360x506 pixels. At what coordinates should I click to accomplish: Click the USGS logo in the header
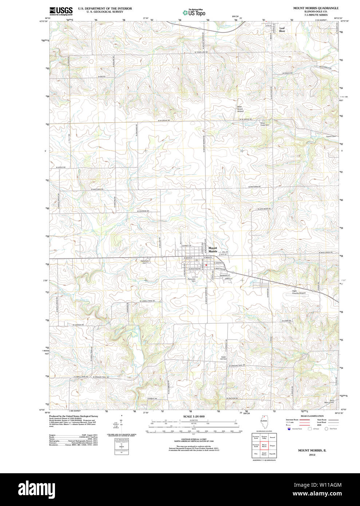click(61, 11)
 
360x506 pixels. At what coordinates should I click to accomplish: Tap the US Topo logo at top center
click(194, 12)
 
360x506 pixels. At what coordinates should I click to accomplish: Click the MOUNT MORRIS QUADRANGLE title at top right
click(316, 8)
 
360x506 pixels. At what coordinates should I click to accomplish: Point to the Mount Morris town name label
click(213, 250)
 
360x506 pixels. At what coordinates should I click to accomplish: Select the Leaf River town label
click(282, 29)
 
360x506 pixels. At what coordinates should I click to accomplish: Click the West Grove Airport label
click(240, 109)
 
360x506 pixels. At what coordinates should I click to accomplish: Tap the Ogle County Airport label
click(299, 292)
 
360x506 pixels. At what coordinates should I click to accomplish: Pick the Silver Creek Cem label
click(265, 124)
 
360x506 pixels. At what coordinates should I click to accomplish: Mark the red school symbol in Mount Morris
click(206, 265)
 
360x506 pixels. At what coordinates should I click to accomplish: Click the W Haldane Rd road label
click(143, 211)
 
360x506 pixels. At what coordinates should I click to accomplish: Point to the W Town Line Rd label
click(201, 52)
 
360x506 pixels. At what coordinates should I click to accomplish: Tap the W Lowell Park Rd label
click(147, 301)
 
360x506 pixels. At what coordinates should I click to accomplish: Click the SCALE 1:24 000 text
click(194, 416)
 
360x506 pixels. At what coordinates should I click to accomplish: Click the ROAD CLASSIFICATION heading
click(312, 416)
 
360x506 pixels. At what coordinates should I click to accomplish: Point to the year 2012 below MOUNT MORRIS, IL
click(312, 455)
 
